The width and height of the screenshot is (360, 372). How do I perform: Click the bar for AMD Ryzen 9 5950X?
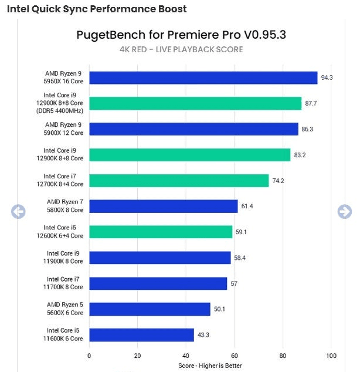(203, 78)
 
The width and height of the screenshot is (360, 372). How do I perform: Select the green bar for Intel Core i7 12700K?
(179, 181)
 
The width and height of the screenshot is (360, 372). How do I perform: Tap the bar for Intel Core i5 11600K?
(141, 335)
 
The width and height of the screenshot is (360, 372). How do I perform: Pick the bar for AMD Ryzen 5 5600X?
(150, 309)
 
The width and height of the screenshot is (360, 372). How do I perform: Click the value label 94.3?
(327, 78)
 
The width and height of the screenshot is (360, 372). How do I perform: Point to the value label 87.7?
(311, 104)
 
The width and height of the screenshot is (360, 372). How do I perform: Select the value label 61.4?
(247, 207)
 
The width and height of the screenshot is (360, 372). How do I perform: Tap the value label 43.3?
(203, 335)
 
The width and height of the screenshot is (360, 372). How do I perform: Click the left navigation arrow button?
(18, 212)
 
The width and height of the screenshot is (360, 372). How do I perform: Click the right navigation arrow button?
(344, 211)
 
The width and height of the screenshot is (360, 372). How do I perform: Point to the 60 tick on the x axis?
(235, 356)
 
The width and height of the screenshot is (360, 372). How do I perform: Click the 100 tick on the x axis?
(331, 356)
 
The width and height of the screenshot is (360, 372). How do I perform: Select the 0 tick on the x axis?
(89, 356)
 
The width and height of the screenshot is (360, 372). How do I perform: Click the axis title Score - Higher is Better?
(210, 366)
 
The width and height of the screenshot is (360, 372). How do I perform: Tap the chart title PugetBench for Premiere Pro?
(181, 35)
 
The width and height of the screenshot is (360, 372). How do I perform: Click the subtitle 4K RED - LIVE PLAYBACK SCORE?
(181, 49)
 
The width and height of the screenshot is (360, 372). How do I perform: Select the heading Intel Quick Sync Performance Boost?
(97, 9)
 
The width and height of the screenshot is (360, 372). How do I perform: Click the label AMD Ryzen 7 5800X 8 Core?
(65, 206)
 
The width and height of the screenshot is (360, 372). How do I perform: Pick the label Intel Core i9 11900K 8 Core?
(65, 258)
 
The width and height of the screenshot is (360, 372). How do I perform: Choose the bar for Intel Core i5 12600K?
(161, 232)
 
